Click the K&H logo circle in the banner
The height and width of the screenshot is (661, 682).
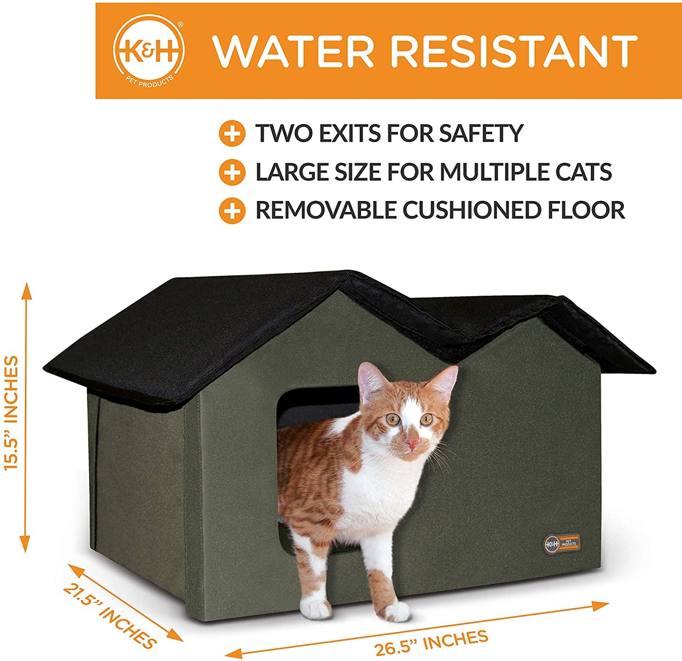click(149, 50)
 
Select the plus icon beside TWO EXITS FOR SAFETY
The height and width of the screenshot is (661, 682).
click(232, 134)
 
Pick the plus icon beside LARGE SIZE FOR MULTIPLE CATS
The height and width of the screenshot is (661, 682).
click(232, 172)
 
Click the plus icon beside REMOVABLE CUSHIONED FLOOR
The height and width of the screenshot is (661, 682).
click(232, 211)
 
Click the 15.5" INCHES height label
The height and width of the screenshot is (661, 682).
click(11, 413)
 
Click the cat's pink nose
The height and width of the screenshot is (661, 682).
click(412, 444)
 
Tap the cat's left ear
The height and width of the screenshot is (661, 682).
click(369, 380)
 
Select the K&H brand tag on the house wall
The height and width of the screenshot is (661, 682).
click(562, 543)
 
